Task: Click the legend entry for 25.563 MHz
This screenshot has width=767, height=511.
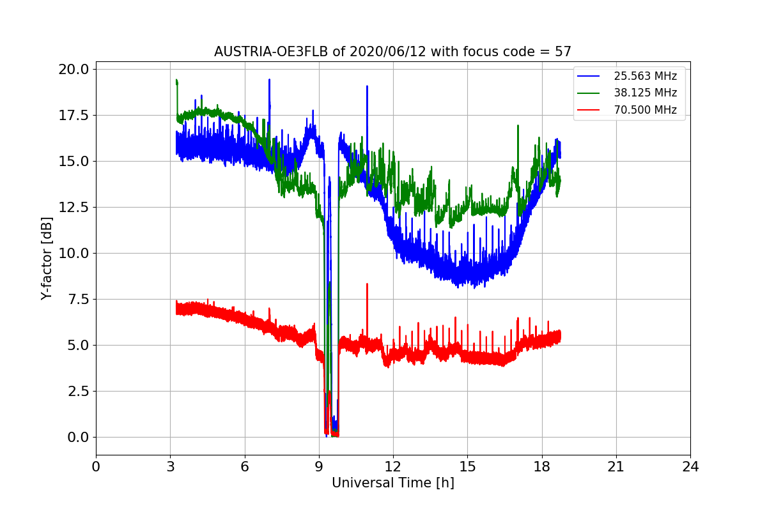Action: [x=645, y=76]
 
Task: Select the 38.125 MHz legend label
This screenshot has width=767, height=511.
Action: [x=645, y=93]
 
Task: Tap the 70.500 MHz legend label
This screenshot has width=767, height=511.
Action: [x=645, y=110]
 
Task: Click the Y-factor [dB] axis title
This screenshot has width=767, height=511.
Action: [x=46, y=258]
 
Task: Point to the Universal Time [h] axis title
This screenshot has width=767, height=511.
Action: [x=392, y=483]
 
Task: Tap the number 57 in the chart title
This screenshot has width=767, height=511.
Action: [x=563, y=52]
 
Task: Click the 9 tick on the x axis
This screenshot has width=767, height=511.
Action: [x=319, y=466]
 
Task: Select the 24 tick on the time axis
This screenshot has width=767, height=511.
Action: [x=690, y=466]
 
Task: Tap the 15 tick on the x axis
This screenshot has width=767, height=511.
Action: [x=467, y=466]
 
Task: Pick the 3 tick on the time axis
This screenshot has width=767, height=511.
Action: [x=170, y=466]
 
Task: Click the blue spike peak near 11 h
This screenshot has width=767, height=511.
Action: [x=367, y=86]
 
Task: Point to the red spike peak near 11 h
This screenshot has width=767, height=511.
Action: [x=367, y=284]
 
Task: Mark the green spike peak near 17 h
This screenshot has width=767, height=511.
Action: [x=518, y=125]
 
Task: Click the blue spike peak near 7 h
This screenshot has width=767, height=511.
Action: [x=269, y=79]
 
